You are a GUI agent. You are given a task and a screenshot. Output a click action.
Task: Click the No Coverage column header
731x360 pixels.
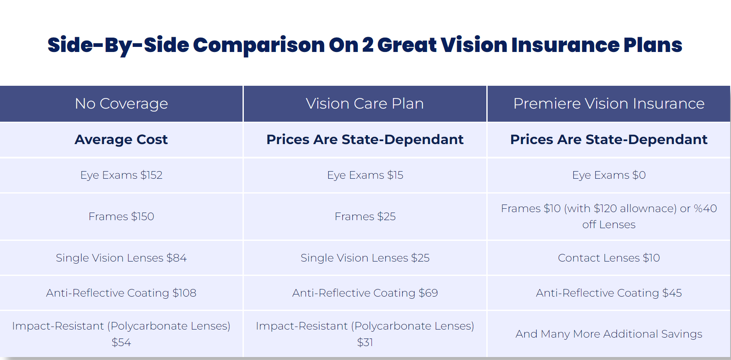pyautogui.click(x=121, y=104)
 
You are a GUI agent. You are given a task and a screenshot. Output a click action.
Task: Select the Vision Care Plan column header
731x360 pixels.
pyautogui.click(x=365, y=104)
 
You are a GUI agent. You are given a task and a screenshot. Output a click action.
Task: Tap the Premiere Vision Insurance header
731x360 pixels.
pyautogui.click(x=609, y=104)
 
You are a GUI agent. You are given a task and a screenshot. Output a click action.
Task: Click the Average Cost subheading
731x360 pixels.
pyautogui.click(x=121, y=139)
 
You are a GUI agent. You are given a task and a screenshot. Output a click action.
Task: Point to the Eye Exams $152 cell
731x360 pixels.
pyautogui.click(x=121, y=175)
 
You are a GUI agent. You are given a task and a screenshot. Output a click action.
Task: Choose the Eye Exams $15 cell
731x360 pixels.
pyautogui.click(x=365, y=175)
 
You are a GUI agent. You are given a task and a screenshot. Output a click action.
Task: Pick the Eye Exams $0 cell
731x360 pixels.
pyautogui.click(x=609, y=175)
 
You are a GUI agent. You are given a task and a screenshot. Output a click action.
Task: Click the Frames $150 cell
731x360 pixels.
pyautogui.click(x=121, y=216)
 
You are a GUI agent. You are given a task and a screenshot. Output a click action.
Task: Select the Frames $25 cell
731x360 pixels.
pyautogui.click(x=365, y=216)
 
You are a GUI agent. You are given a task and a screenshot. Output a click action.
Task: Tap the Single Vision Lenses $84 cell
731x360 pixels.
pyautogui.click(x=121, y=258)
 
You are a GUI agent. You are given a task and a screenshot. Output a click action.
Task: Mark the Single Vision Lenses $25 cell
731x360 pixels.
pyautogui.click(x=365, y=258)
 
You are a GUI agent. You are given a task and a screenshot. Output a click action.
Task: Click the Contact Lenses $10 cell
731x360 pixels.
pyautogui.click(x=609, y=258)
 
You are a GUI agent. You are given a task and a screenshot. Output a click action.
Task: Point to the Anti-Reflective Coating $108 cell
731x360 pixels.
pyautogui.click(x=121, y=293)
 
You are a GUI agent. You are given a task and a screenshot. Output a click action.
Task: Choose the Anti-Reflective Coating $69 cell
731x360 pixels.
pyautogui.click(x=365, y=293)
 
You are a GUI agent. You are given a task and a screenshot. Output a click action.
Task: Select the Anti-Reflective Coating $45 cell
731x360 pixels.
pyautogui.click(x=609, y=293)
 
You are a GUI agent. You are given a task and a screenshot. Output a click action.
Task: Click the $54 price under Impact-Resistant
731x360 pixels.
pyautogui.click(x=121, y=342)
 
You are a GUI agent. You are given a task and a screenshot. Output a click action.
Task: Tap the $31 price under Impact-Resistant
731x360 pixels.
pyautogui.click(x=365, y=342)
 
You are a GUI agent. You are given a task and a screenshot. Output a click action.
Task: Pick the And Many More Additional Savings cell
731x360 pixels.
pyautogui.click(x=609, y=334)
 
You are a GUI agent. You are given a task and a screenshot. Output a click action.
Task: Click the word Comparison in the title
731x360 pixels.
pyautogui.click(x=259, y=45)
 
